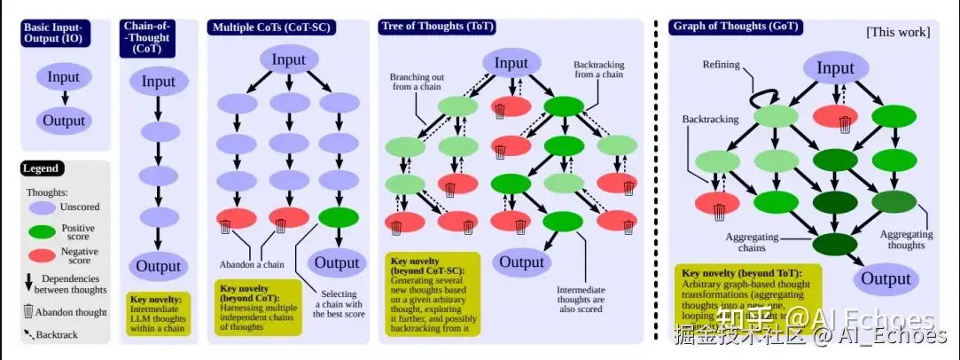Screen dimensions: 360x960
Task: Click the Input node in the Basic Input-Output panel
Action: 65,77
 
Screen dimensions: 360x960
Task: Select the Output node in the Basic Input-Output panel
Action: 65,121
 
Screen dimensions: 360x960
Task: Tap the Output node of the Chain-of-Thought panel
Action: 159,266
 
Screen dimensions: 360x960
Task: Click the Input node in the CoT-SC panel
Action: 289,60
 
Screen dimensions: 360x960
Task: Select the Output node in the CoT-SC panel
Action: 337,262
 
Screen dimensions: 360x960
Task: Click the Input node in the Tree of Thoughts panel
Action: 511,63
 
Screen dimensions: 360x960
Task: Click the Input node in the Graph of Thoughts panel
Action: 835,69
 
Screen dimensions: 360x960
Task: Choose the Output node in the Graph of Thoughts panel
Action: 886,278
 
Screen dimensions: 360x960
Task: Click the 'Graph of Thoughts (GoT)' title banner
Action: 736,27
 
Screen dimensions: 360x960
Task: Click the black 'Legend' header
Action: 42,168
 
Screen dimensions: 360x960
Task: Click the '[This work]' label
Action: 897,32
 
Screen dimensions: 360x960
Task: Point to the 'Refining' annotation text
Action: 721,65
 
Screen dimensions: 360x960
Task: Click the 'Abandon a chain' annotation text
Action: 252,264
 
